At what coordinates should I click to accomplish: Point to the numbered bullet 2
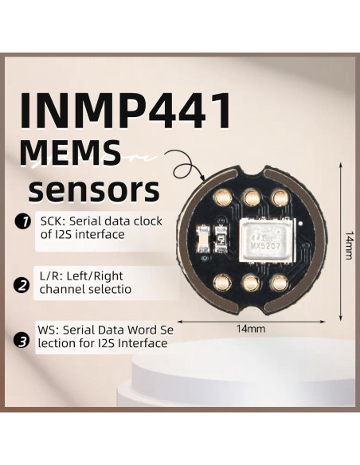(x=23, y=284)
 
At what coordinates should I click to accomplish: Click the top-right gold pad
(x=279, y=196)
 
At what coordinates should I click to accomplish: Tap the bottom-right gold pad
(x=279, y=281)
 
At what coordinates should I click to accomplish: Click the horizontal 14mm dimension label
(x=251, y=328)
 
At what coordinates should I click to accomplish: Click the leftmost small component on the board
(x=202, y=238)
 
